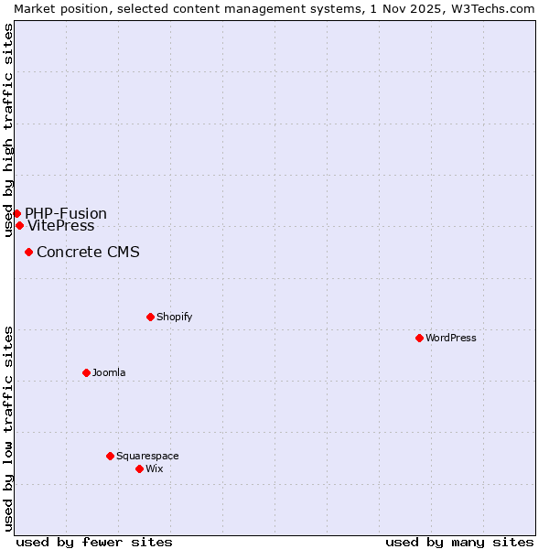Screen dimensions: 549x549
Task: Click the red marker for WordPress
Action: tap(419, 338)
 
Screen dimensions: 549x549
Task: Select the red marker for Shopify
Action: tap(150, 317)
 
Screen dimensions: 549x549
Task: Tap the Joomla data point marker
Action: tap(86, 372)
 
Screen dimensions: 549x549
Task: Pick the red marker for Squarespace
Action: tap(110, 456)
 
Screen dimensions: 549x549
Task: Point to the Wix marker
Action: tap(139, 468)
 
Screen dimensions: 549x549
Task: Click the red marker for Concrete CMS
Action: tap(28, 252)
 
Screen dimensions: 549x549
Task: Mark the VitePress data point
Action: tap(19, 225)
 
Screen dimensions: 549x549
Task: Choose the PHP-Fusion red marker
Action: tap(16, 213)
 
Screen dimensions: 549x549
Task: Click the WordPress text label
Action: tap(451, 339)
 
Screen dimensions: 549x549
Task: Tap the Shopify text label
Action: tap(175, 318)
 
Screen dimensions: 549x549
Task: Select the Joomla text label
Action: tap(109, 373)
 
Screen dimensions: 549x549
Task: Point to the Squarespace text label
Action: tap(147, 457)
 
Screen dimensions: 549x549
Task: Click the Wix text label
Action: tap(155, 469)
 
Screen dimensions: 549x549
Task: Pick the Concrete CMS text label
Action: tap(88, 253)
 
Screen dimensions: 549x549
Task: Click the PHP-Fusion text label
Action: tap(66, 214)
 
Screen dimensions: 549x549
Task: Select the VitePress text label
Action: tap(61, 226)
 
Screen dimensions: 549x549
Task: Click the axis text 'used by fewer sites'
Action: tap(94, 542)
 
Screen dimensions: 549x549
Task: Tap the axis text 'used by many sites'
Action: tap(459, 542)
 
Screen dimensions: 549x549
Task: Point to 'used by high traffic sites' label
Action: tap(8, 130)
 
